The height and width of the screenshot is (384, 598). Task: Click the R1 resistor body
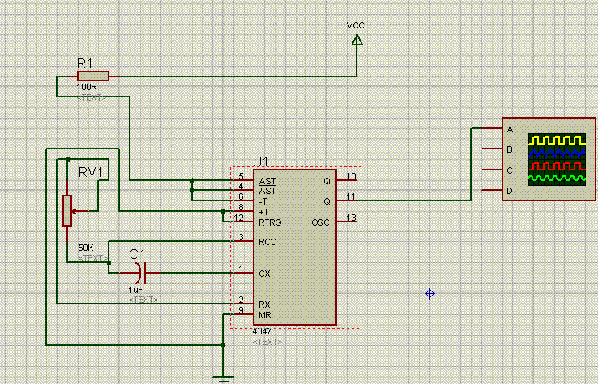click(x=92, y=76)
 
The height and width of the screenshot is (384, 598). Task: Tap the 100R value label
click(x=87, y=87)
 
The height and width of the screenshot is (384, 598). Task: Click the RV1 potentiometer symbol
click(x=68, y=209)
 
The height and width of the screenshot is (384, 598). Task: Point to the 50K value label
click(x=85, y=248)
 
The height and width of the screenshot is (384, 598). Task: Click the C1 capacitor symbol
click(x=142, y=272)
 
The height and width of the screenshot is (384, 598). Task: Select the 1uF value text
click(x=136, y=289)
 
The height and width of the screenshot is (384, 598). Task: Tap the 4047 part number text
click(x=263, y=332)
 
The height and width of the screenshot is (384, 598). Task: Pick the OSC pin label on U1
click(x=322, y=222)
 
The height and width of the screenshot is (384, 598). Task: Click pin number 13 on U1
click(x=351, y=217)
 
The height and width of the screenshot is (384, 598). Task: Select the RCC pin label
click(x=267, y=241)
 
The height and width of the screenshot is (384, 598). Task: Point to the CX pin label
click(x=264, y=274)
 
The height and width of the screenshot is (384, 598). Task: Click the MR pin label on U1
click(x=264, y=315)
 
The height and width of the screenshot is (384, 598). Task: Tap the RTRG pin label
click(x=269, y=222)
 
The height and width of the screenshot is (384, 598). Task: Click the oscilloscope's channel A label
click(x=510, y=129)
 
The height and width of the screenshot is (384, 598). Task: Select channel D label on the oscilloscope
click(x=510, y=191)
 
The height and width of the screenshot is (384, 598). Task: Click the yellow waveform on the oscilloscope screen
click(x=557, y=140)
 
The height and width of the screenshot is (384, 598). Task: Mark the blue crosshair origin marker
click(x=430, y=293)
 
